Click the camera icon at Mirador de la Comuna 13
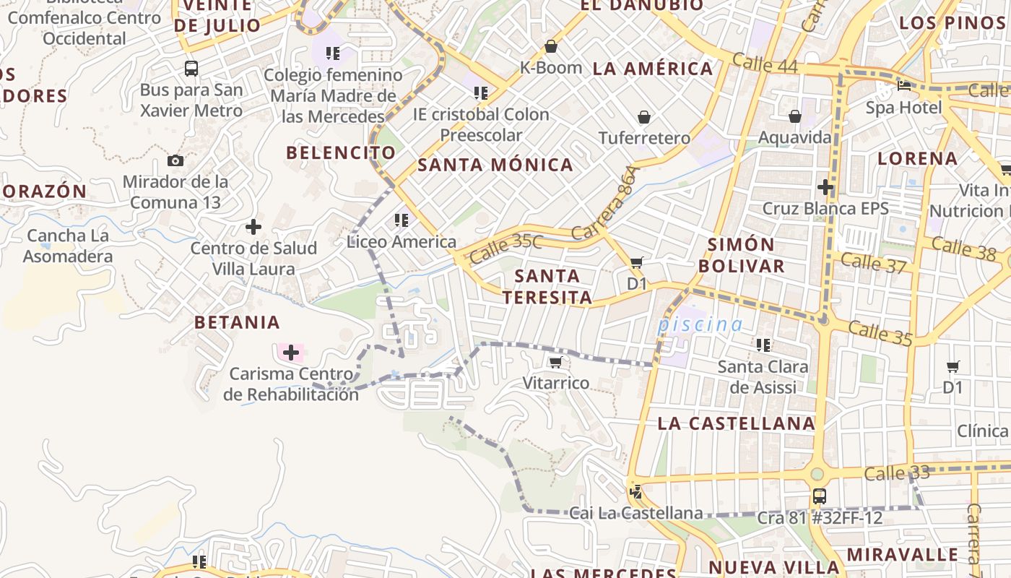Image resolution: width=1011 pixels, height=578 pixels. coord(175,161)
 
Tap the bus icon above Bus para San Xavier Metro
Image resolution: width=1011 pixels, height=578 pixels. coord(191,69)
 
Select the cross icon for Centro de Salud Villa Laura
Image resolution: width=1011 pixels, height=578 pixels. coord(253,227)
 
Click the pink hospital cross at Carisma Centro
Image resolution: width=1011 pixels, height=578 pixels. coord(291,353)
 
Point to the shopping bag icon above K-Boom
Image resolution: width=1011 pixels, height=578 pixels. coord(551,46)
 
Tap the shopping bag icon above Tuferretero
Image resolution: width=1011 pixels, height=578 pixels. coord(643,116)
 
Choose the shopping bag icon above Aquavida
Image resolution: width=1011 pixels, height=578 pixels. coord(795,116)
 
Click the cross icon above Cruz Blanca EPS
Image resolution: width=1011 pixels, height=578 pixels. coord(825,187)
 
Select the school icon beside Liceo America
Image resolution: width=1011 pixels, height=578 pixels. coord(402,220)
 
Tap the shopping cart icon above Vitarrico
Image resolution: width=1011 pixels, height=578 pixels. coord(555,362)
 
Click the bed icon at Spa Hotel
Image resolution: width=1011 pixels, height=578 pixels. coord(904,86)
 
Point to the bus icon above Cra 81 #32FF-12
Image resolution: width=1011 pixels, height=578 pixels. coord(820,496)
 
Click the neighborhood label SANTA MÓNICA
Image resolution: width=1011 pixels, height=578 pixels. coord(495,165)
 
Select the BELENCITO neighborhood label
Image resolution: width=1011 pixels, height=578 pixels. coord(341,152)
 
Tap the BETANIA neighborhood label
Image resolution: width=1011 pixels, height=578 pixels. coord(237,322)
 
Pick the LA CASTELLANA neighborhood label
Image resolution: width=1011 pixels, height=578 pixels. coord(737,423)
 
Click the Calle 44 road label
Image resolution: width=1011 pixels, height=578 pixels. coord(765,64)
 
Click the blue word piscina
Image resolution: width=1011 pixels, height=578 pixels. coord(700,324)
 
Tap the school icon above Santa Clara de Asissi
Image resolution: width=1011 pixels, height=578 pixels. coord(763,345)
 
